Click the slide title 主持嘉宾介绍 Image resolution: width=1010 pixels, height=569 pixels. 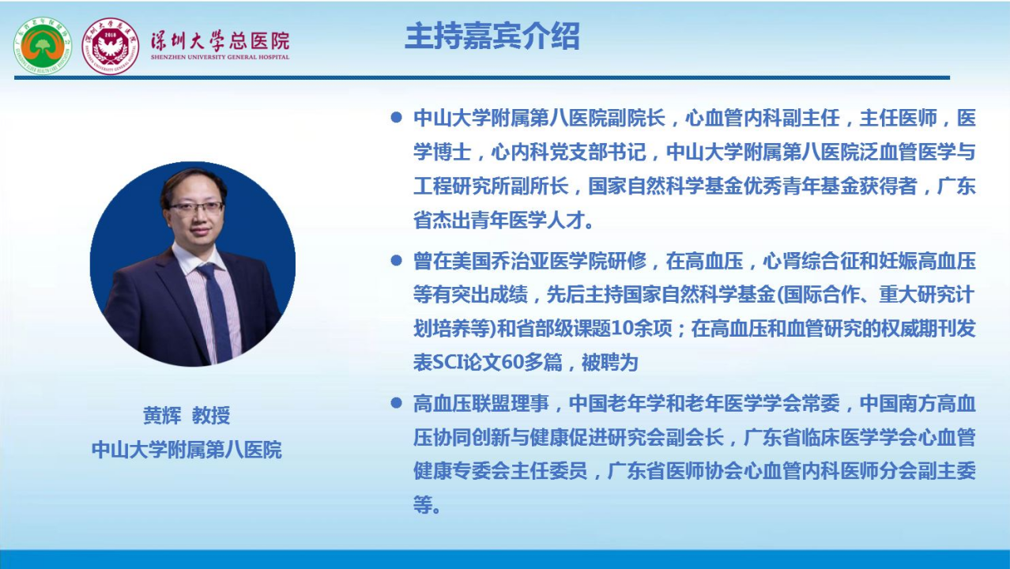[x=492, y=36]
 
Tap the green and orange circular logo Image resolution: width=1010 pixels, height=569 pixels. [x=43, y=46]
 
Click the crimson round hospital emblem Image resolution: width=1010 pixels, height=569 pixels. [x=110, y=46]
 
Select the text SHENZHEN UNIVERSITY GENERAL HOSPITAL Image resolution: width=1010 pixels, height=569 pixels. [x=220, y=57]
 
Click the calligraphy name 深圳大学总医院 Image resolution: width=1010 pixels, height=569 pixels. [x=220, y=40]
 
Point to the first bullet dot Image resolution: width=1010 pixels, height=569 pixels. [x=397, y=118]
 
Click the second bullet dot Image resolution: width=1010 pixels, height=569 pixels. [x=397, y=260]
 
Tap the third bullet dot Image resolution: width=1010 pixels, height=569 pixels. [x=397, y=402]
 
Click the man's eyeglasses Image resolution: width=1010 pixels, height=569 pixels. [x=197, y=208]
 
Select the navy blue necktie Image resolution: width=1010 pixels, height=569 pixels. [x=217, y=311]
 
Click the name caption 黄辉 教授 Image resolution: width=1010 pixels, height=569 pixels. [x=187, y=415]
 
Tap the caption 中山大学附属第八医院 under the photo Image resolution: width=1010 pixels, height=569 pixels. [x=187, y=450]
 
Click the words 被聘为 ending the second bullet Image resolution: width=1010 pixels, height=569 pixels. [x=609, y=363]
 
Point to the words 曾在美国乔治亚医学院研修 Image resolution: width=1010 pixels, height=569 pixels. [x=529, y=261]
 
